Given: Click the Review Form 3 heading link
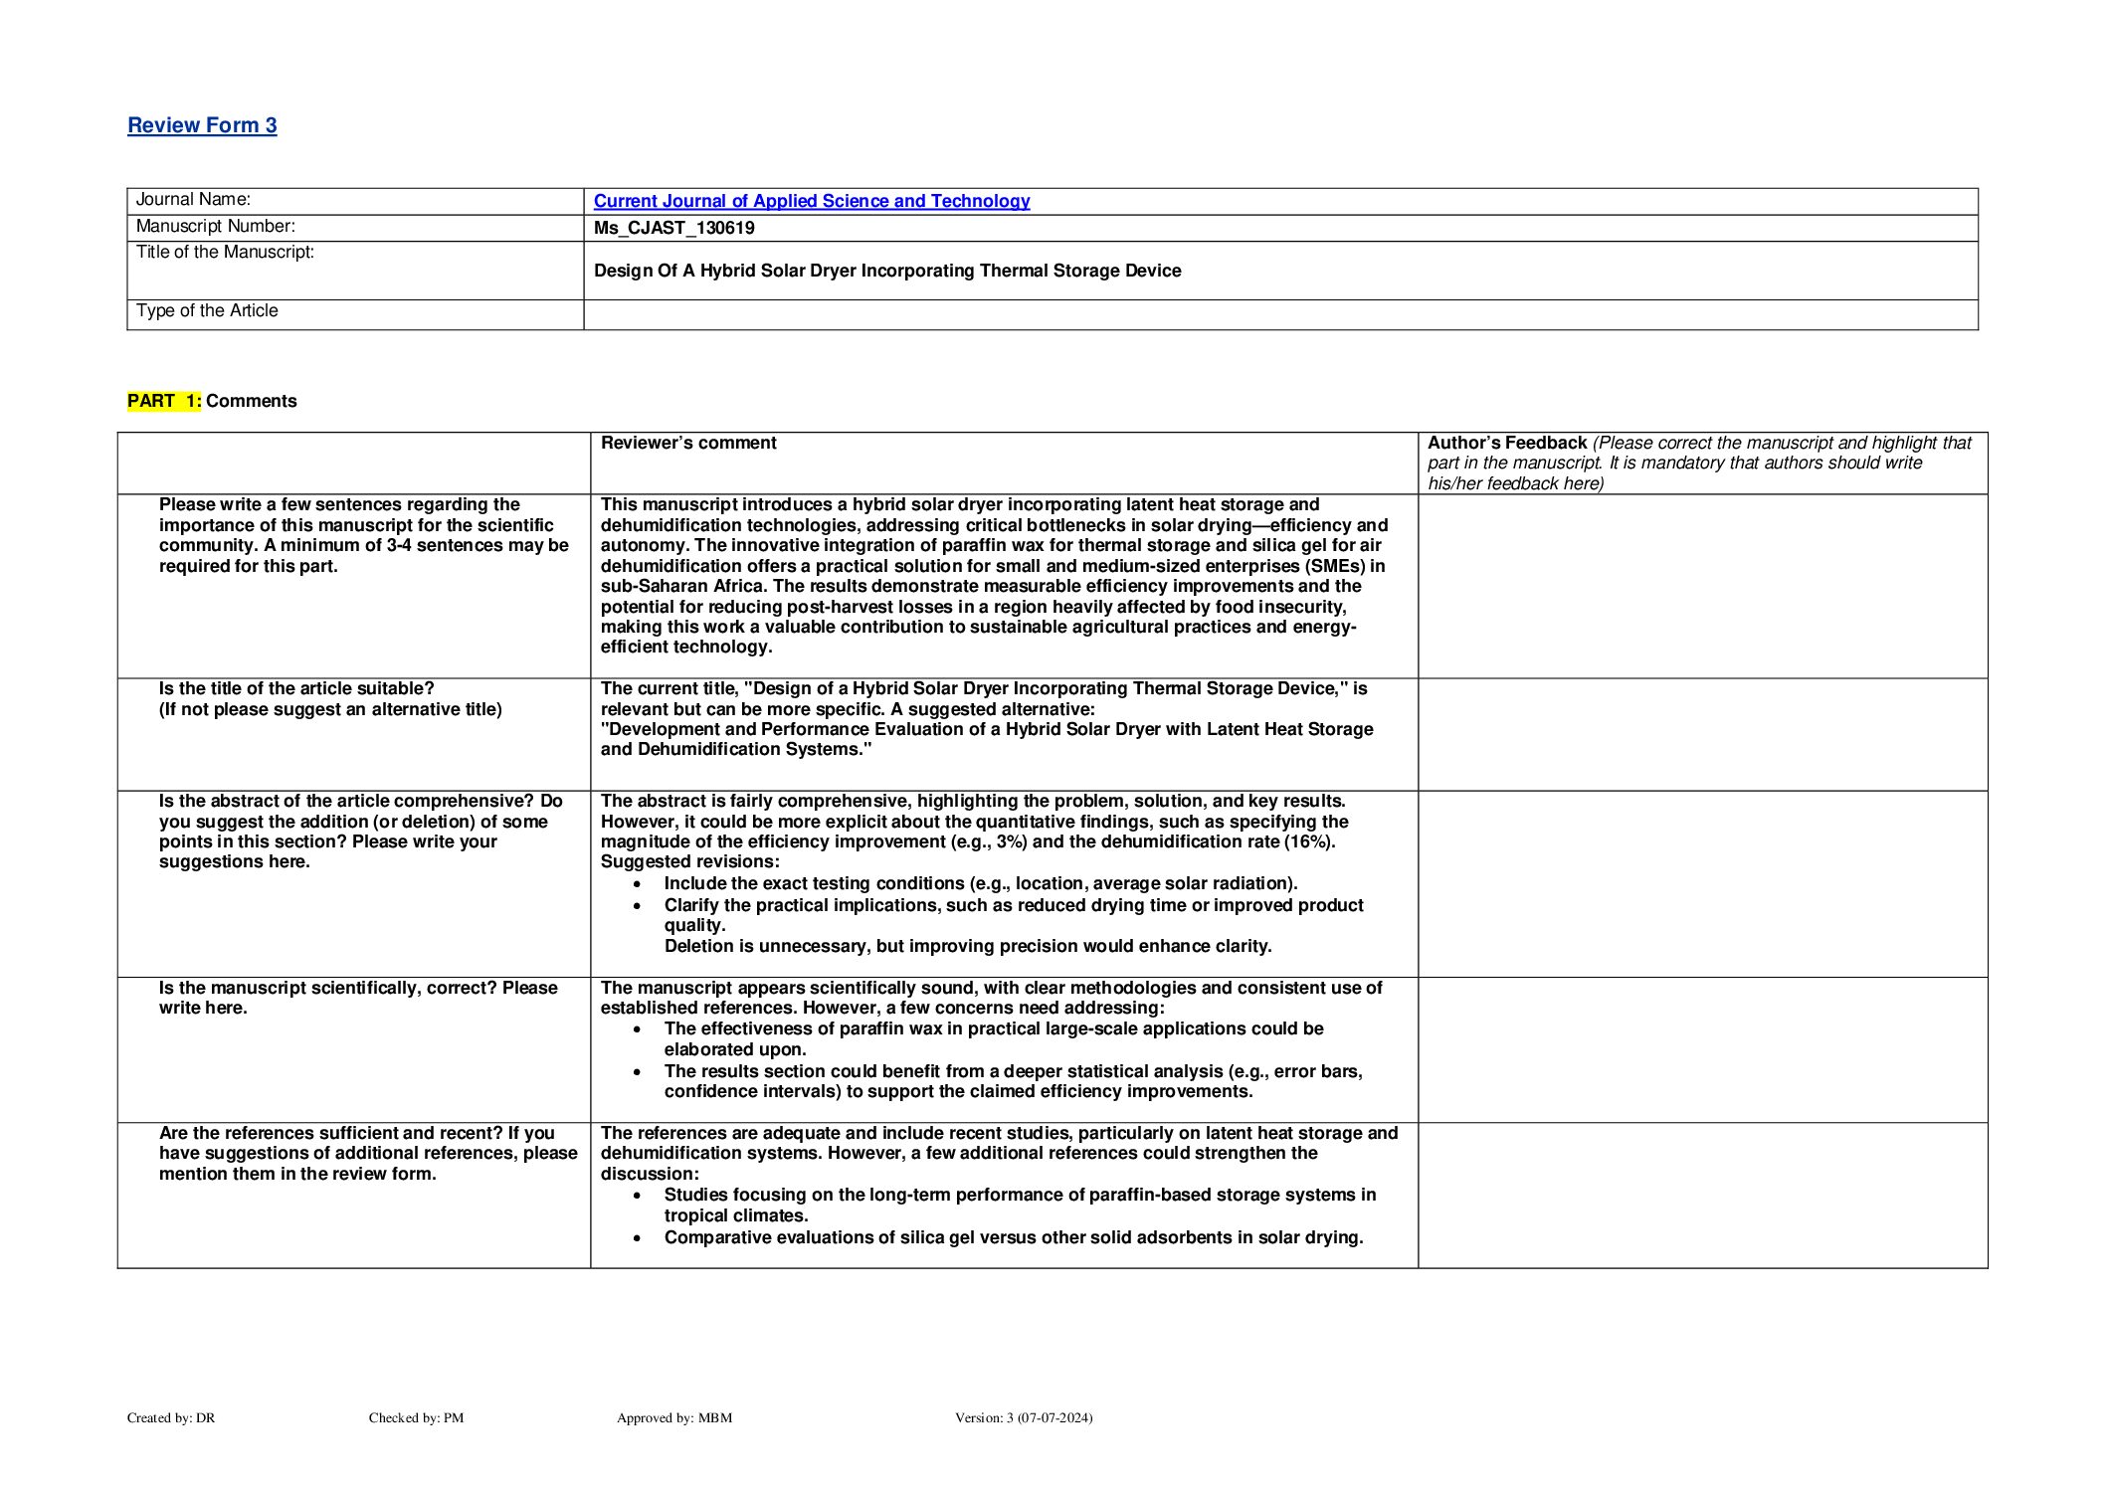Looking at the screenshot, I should coord(202,125).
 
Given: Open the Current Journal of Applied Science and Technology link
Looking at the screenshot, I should coord(811,201).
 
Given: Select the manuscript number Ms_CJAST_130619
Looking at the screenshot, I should coord(673,228).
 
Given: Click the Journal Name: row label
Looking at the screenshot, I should coord(193,200).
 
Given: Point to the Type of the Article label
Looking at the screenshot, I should coord(207,311).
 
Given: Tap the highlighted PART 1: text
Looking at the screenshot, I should coord(163,401).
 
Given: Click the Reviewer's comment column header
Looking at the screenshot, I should coord(688,443).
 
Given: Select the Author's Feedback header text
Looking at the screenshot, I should coord(1506,443).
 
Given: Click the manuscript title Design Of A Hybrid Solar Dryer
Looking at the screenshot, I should coord(886,271).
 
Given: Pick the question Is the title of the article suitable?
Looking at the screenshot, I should coord(296,688).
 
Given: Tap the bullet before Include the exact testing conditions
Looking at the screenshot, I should coord(638,884).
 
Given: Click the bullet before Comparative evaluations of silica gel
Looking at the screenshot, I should coord(638,1238).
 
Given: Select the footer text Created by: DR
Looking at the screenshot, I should coord(171,1417).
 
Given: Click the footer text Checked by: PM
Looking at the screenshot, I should coord(416,1417).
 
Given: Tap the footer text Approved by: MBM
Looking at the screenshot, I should coord(673,1417).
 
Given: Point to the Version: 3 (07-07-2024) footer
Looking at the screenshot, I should coord(1023,1417).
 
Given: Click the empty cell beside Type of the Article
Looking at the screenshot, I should coord(1279,314).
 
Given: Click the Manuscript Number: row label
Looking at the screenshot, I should coord(215,227).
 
